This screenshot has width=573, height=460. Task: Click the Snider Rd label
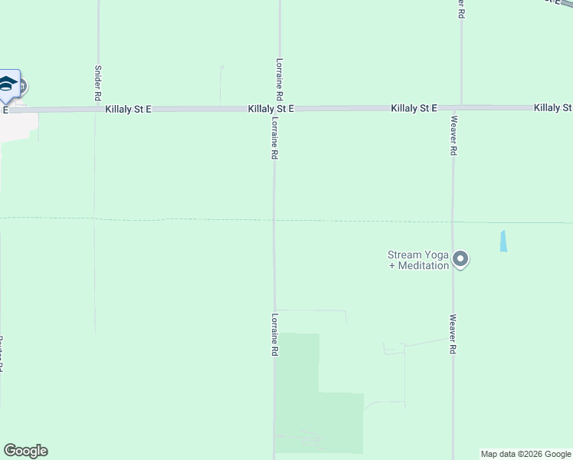[x=97, y=84]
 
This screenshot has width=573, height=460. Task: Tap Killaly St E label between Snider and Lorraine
[x=129, y=110]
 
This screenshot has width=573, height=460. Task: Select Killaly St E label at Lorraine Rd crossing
[x=271, y=110]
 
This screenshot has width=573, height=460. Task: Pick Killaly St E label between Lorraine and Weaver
[x=414, y=109]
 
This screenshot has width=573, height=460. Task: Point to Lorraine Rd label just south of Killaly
[x=273, y=138]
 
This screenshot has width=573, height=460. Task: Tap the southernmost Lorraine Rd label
[x=273, y=334]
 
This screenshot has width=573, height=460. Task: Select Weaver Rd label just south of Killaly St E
[x=453, y=136]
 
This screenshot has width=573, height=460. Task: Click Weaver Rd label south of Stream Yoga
[x=453, y=334]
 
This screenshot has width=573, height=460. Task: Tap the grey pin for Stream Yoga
[x=460, y=259]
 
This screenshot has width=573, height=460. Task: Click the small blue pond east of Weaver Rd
[x=503, y=242]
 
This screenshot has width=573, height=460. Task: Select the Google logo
[x=25, y=451]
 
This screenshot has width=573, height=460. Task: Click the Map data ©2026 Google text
[x=526, y=454]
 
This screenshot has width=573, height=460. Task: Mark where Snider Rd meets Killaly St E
[x=97, y=110]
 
